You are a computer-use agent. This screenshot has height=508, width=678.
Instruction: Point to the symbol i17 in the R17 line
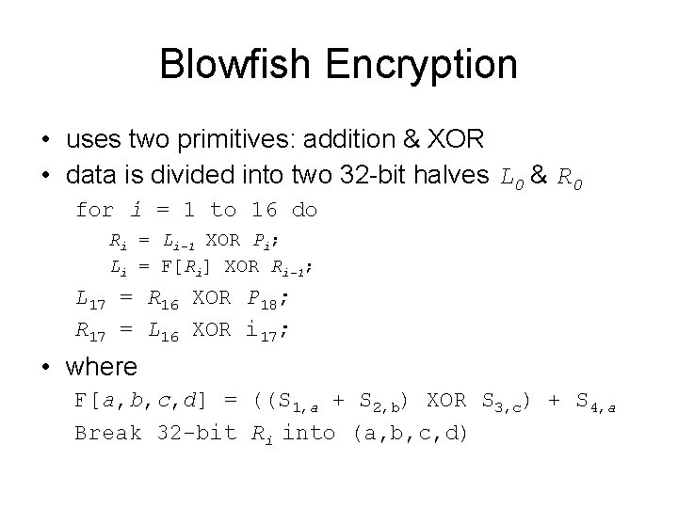(268, 330)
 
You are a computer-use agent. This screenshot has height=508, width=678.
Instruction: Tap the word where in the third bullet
(102, 365)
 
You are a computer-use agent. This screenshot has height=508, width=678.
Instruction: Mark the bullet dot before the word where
(47, 365)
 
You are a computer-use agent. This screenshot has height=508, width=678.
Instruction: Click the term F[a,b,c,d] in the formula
(147, 401)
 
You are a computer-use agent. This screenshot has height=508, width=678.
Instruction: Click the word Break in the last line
(108, 433)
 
